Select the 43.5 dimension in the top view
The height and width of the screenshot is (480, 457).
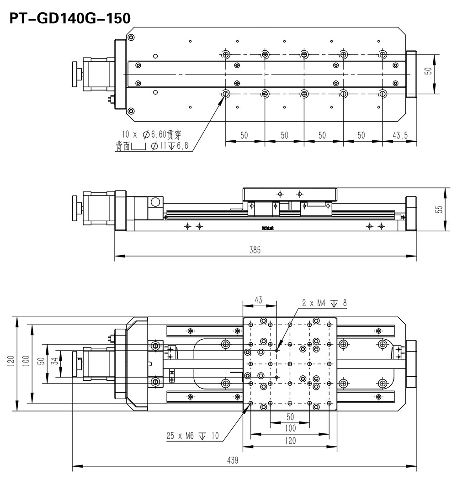(400, 135)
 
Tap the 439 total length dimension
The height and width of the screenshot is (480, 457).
(233, 460)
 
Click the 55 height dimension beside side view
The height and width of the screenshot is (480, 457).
(439, 209)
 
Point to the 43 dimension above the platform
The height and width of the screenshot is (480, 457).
(259, 300)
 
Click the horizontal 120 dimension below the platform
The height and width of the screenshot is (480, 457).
(290, 440)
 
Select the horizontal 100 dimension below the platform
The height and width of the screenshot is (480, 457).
(290, 428)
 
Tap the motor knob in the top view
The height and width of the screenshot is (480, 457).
(75, 74)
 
